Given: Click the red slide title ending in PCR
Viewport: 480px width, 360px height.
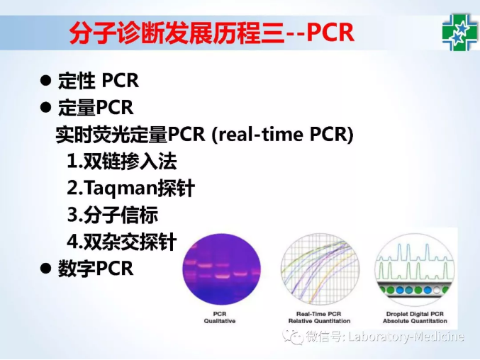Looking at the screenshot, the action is tap(211, 33).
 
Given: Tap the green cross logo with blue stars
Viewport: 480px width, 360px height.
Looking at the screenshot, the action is tap(460, 33).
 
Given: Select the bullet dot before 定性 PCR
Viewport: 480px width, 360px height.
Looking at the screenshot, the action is tap(45, 81).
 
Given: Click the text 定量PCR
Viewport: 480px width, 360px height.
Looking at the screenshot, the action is tap(96, 107).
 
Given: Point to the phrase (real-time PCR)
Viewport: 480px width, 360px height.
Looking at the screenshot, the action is tap(282, 134).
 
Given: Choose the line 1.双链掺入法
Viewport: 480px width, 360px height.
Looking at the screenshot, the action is tap(122, 161).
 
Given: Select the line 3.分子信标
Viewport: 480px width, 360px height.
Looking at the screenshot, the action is tap(113, 215).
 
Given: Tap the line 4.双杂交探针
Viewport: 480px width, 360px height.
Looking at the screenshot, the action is tap(122, 242).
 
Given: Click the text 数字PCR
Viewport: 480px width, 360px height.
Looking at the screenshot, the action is tap(96, 269).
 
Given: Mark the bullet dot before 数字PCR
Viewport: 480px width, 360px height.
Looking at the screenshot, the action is tap(45, 269).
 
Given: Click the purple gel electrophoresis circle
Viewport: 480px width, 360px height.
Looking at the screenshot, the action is tap(222, 269).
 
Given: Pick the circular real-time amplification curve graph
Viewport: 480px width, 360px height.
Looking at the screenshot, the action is tap(320, 269).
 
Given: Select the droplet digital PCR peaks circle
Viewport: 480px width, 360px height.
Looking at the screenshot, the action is tap(415, 269).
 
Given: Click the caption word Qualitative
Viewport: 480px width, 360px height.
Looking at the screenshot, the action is tap(220, 321).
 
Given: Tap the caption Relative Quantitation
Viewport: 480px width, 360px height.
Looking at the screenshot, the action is tap(319, 321).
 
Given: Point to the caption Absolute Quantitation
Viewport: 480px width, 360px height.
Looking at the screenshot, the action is tap(415, 321).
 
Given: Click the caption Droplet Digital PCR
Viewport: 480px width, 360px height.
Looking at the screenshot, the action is tap(415, 314).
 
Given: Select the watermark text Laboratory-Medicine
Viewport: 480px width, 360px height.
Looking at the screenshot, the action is tap(406, 337).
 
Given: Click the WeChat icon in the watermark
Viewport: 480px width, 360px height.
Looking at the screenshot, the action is tap(293, 337).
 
